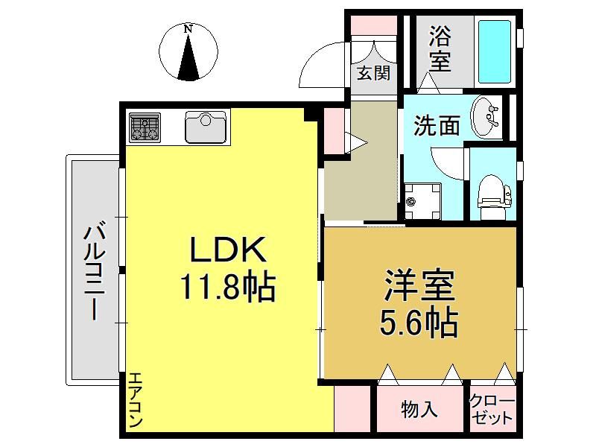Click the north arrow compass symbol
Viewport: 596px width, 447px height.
click(188, 52)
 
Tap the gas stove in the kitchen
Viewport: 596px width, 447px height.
click(145, 127)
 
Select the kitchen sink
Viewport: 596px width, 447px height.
click(206, 127)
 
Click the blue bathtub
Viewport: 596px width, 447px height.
click(494, 51)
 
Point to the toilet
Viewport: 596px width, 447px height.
click(494, 197)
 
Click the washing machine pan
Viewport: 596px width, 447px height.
click(422, 201)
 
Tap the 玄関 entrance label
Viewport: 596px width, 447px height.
click(373, 73)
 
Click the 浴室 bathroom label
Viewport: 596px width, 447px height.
click(440, 48)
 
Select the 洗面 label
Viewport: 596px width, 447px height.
click(437, 125)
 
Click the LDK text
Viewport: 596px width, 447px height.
click(228, 249)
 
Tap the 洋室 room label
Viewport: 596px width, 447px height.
click(419, 285)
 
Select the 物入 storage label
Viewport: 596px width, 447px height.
click(419, 410)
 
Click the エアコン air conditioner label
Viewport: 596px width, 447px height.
click(136, 400)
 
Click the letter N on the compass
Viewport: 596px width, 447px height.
click(188, 29)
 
